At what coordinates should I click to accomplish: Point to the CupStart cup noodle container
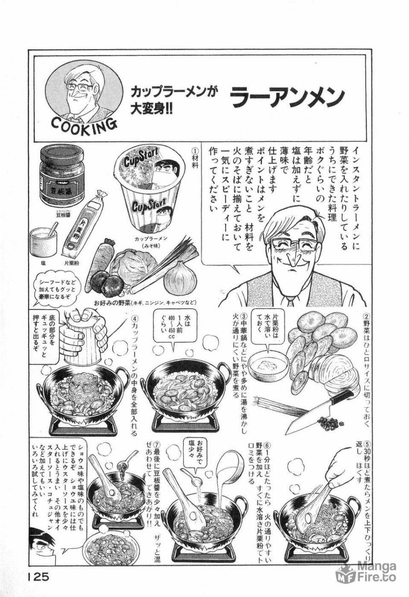coord(147,191)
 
